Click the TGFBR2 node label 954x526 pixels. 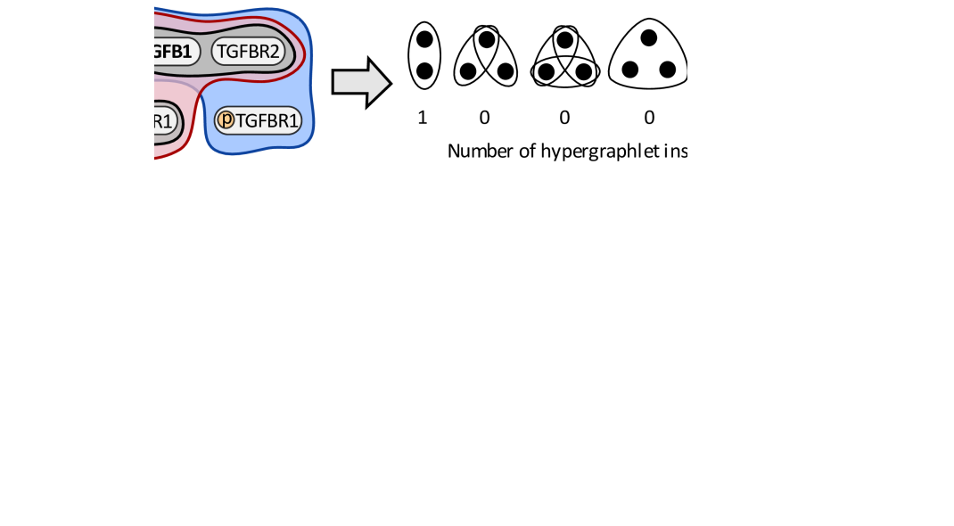coord(248,52)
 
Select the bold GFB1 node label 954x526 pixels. coord(173,52)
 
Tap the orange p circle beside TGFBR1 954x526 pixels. coord(226,119)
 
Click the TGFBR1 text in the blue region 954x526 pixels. coord(267,120)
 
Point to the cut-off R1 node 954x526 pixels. coord(166,119)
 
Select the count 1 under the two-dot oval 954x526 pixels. coord(423,118)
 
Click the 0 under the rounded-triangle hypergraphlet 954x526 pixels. coord(649,118)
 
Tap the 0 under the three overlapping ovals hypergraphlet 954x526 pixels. coord(564,118)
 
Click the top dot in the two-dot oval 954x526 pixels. coord(424,39)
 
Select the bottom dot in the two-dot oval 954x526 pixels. coord(424,70)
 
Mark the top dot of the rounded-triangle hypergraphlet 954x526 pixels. coord(649,37)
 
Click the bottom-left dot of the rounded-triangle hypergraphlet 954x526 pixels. coord(630,70)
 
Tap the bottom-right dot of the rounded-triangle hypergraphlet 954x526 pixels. coord(668,70)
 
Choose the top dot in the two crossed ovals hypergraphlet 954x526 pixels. coord(486,39)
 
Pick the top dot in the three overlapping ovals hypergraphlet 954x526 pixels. coord(564,39)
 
